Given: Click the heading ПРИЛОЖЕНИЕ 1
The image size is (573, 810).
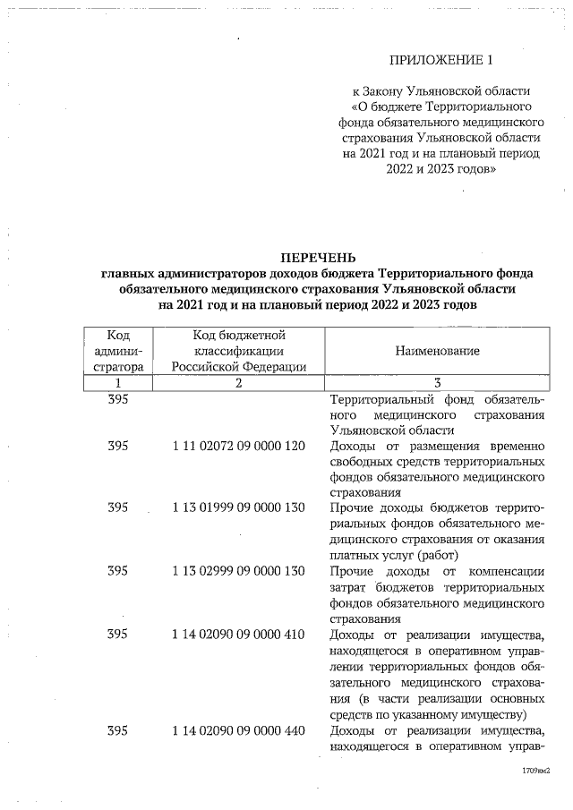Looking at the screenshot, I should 441,61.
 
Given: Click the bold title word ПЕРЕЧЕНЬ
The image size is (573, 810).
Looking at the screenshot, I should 318,259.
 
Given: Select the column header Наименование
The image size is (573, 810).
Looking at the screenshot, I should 437,351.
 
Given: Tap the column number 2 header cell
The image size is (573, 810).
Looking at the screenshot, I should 238,383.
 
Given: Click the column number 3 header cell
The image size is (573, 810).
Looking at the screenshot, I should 437,383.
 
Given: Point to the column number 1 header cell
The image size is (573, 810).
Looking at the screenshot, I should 118,383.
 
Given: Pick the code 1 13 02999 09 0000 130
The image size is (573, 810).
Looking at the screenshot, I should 238,571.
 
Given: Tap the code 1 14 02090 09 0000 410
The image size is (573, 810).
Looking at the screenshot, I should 238,634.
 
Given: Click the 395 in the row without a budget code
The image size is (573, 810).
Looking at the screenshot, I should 118,399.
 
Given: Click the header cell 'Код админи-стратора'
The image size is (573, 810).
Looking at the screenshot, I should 118,351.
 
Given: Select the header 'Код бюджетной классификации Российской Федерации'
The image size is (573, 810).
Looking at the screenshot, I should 238,351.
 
